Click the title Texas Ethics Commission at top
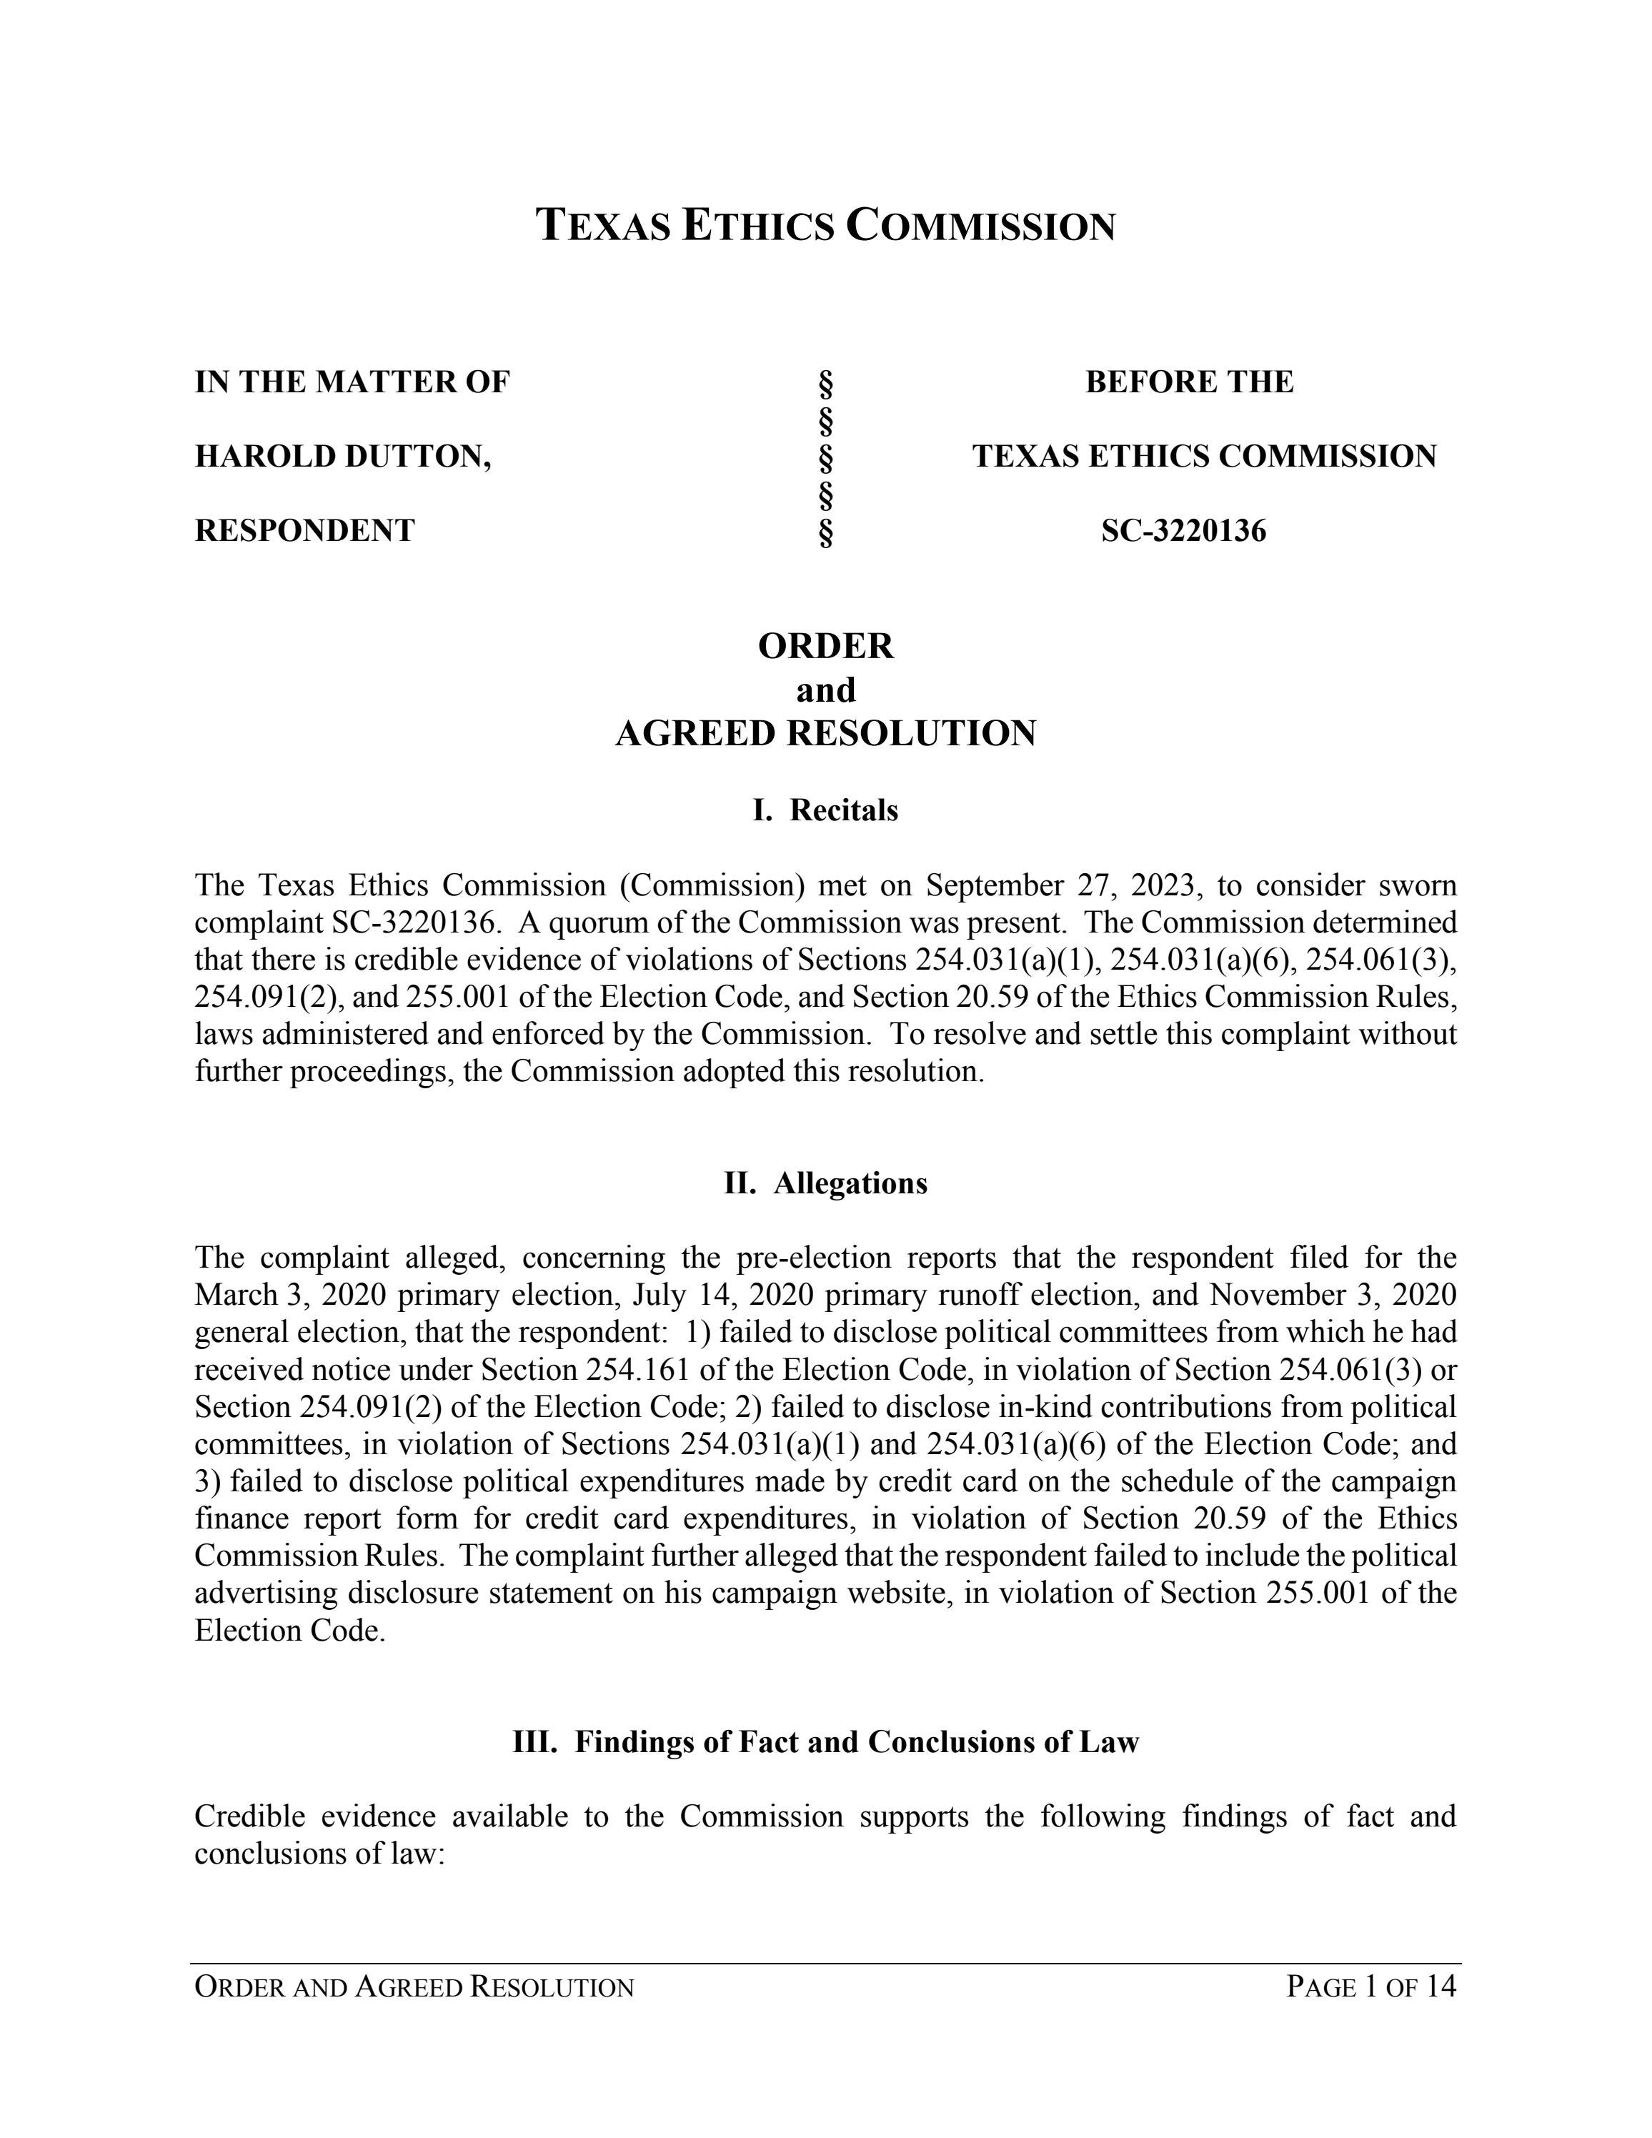pos(825,226)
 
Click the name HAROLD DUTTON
pos(342,456)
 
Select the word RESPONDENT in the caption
pos(304,531)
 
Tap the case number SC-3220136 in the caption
pos(1183,531)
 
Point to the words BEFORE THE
pos(1189,382)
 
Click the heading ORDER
pos(825,646)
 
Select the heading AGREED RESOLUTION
pos(825,733)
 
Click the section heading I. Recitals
pos(825,810)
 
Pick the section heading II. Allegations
pos(825,1183)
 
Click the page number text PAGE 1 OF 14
pos(1371,1987)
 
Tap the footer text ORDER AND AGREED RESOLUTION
pos(414,1987)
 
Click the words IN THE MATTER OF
pos(352,382)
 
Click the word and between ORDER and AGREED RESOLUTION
pos(825,690)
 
